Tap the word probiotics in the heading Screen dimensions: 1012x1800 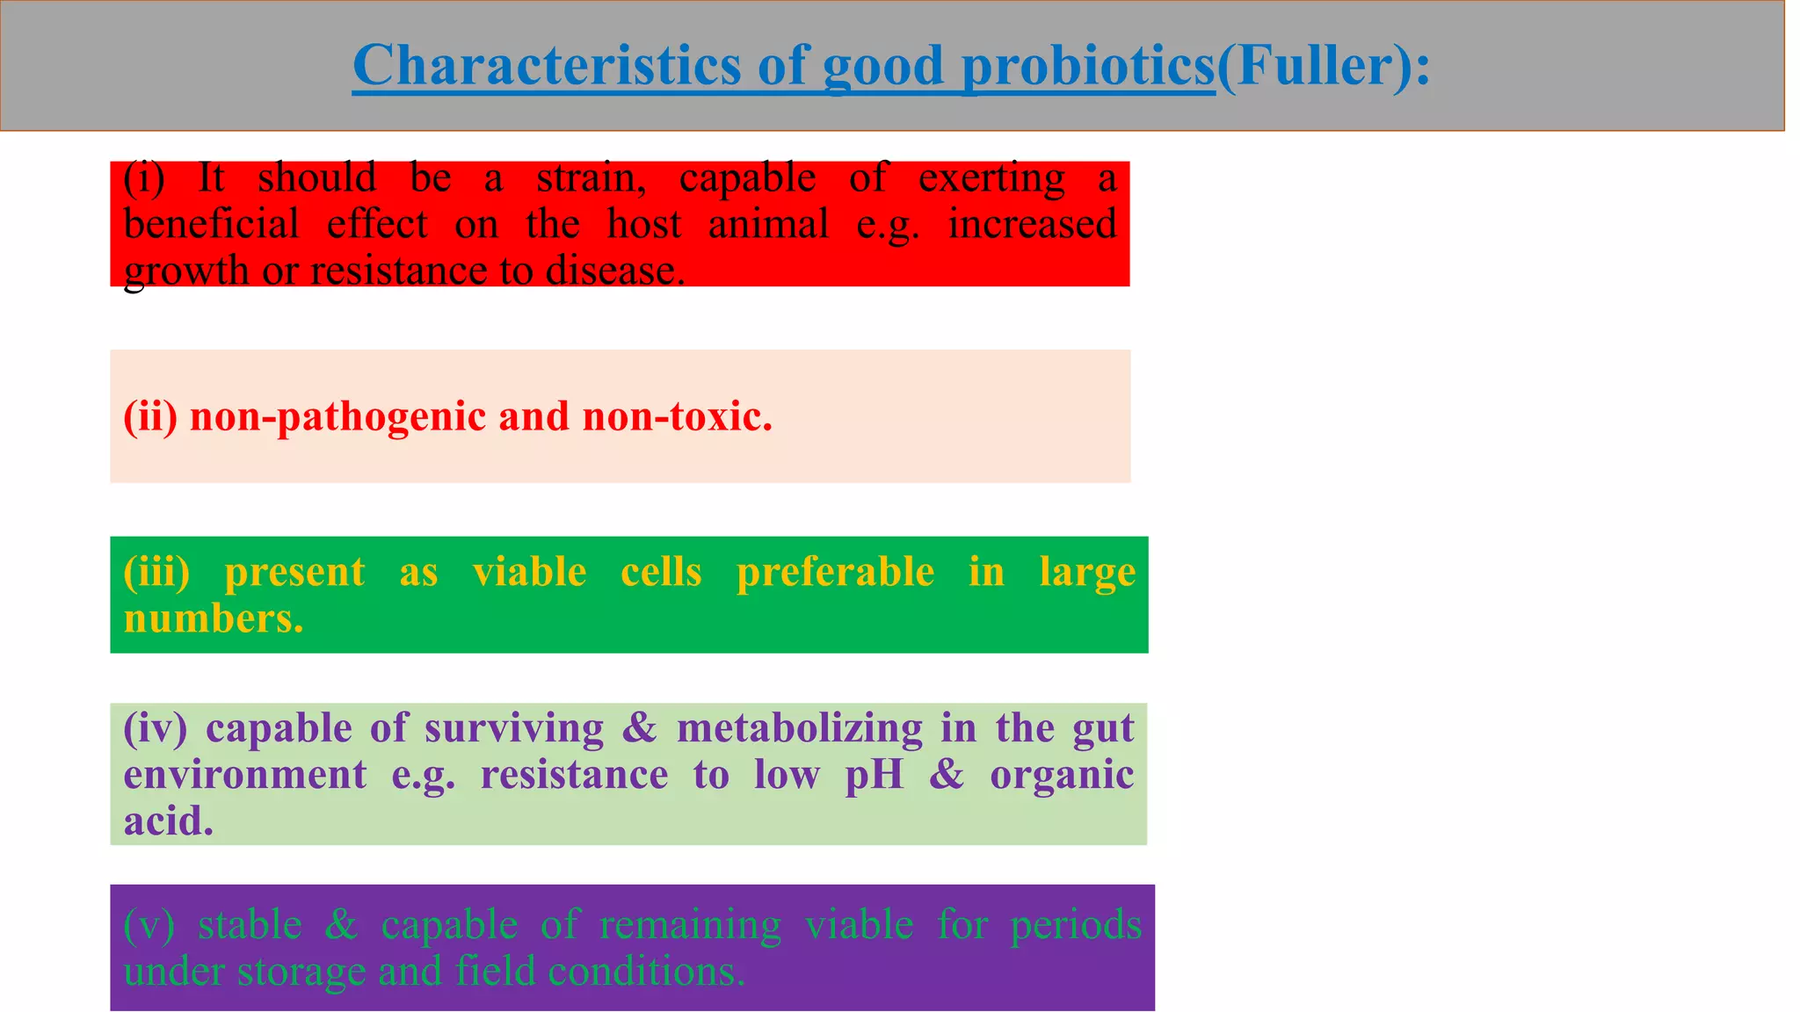pos(1088,68)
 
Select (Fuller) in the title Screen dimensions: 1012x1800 pos(1314,66)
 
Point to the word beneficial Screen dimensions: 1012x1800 pos(211,224)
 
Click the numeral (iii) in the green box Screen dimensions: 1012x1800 pos(156,573)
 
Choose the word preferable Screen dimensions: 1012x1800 pos(835,573)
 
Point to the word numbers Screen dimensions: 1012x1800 pos(213,618)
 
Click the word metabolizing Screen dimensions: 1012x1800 pos(799,729)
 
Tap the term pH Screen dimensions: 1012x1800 pos(874,776)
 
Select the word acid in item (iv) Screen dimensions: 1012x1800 pos(168,821)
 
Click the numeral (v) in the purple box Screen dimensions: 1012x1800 pos(149,926)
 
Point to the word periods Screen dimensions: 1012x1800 pos(1075,926)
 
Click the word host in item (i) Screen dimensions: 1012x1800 pos(643,224)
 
